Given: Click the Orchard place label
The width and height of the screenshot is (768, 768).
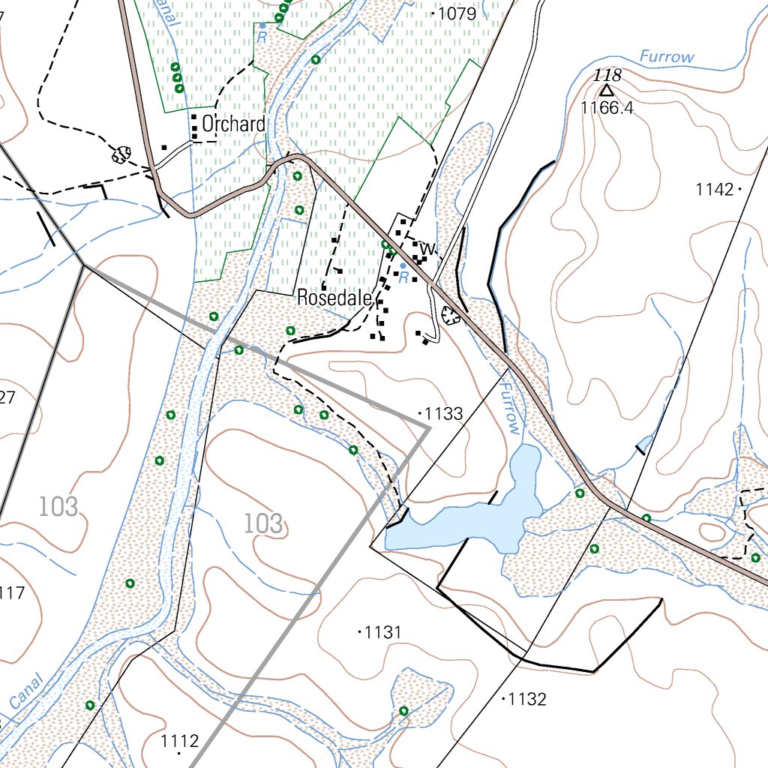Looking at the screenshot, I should (233, 124).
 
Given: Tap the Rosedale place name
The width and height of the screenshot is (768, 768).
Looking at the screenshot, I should (334, 298).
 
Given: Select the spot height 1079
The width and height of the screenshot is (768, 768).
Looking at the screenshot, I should (456, 13).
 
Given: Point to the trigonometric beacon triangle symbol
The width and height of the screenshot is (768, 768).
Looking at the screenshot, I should (606, 91).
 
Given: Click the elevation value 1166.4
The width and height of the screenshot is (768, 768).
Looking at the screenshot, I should (607, 108).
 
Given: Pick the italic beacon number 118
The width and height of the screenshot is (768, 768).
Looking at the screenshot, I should (607, 75).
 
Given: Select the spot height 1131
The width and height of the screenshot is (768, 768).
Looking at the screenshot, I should (382, 633).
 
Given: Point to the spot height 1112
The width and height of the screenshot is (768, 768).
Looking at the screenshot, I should (180, 742).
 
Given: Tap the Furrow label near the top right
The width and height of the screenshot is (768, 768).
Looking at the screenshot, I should (667, 57).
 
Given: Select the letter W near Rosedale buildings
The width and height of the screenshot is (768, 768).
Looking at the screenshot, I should (427, 247).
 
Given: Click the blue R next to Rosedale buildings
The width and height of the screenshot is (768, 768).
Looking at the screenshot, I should (403, 277).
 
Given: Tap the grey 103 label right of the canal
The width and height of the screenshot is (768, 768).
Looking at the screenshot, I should (264, 523).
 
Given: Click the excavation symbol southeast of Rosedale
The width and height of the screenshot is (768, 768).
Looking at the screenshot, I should (451, 315).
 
